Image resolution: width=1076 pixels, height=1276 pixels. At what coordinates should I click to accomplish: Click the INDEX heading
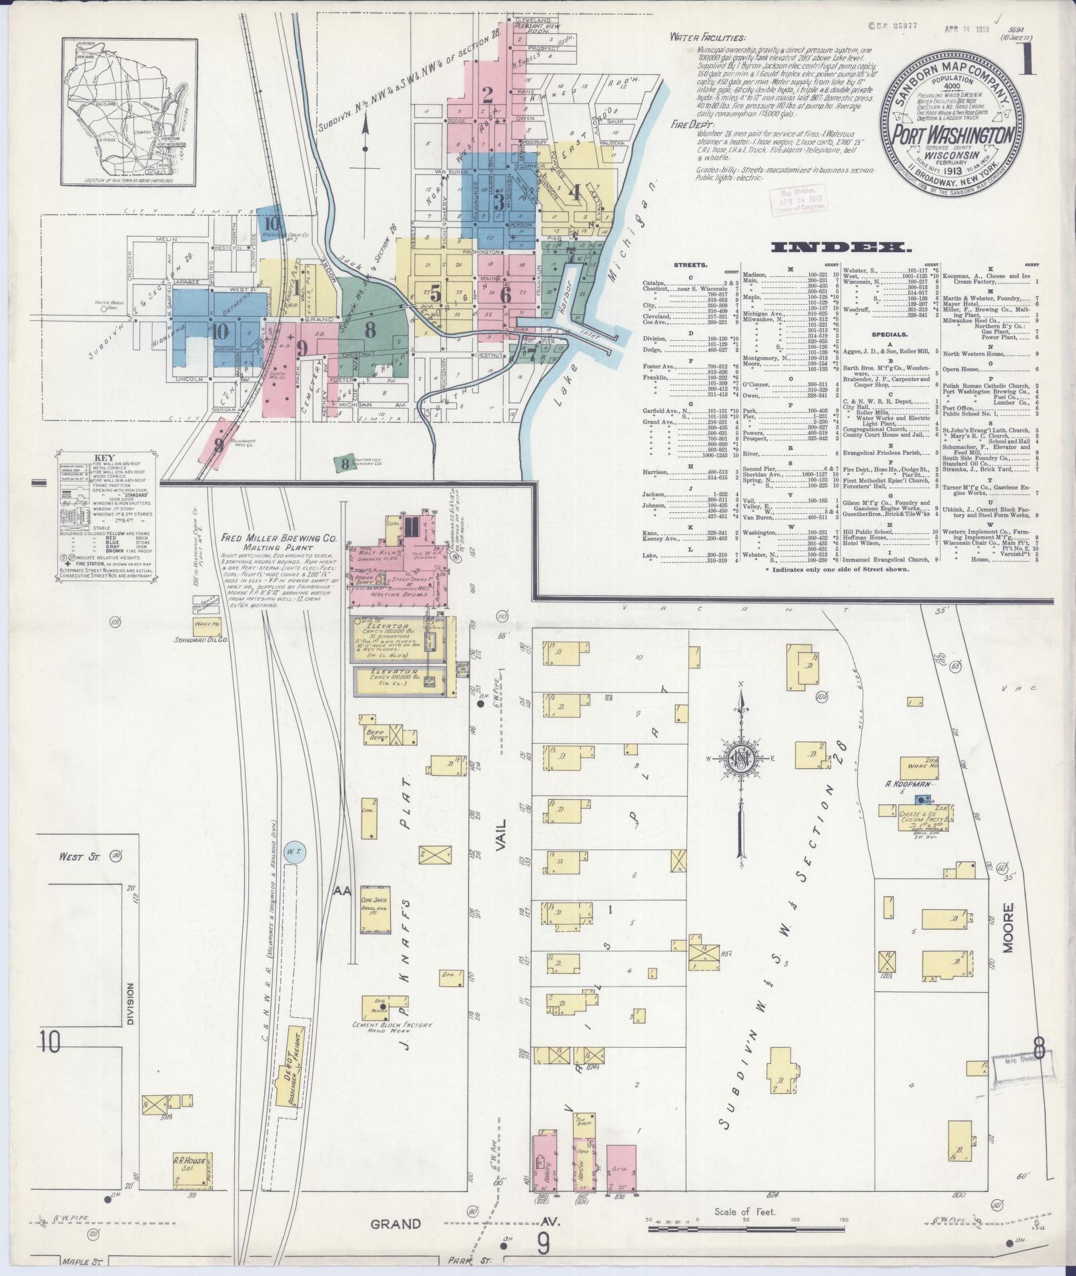841,248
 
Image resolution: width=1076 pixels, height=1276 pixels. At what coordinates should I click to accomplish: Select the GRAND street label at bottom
396,1224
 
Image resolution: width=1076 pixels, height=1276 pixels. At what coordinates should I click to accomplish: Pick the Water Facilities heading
708,38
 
